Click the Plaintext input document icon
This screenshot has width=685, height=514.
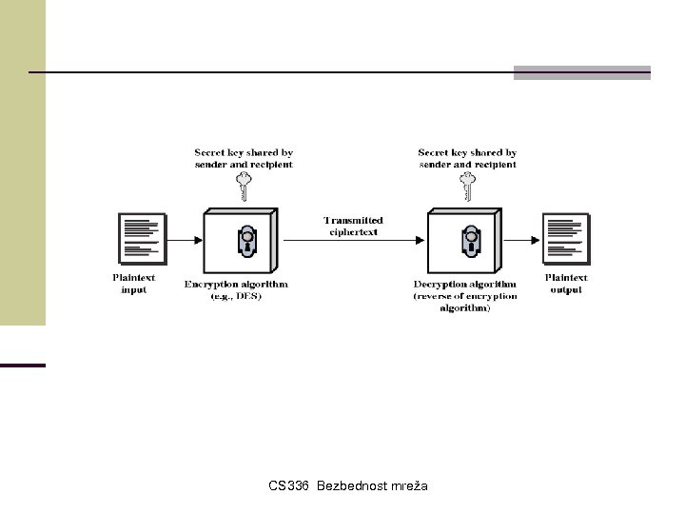coord(138,239)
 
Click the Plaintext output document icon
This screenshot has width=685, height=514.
coord(565,239)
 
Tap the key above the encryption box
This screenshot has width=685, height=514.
coord(245,186)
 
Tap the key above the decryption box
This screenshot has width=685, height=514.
coord(468,186)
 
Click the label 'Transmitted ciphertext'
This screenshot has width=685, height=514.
coord(353,227)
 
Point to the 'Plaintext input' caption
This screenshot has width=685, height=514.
coord(134,284)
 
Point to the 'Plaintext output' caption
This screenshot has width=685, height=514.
coord(566,284)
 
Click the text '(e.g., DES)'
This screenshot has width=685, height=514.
coord(237,296)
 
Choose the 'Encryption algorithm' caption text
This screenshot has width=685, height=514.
coord(237,284)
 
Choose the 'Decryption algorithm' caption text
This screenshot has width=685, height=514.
coord(466,284)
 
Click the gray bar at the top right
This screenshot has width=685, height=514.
coord(581,72)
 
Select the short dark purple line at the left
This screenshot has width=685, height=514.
coord(23,365)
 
